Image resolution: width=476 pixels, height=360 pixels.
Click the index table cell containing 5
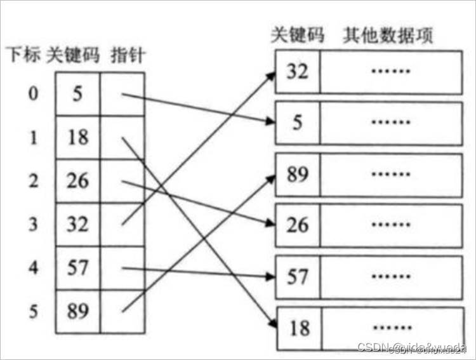tap(77, 93)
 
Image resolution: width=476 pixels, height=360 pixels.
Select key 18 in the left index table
tap(77, 137)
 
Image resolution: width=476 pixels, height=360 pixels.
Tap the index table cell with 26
tap(77, 180)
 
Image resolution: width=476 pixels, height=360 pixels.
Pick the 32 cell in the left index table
tap(77, 223)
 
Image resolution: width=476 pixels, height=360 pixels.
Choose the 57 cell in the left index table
tap(77, 267)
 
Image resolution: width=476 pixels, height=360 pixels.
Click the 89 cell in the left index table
tap(77, 310)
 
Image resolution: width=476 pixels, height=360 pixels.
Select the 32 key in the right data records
tap(297, 70)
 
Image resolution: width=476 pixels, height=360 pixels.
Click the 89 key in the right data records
tap(297, 173)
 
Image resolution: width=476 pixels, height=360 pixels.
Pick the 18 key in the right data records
tap(297, 328)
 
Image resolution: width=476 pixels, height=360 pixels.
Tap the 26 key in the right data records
tap(297, 224)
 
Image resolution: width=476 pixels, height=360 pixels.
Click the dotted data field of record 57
tap(390, 276)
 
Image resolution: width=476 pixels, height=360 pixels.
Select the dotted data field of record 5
tap(390, 121)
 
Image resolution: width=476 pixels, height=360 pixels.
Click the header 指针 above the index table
tap(127, 56)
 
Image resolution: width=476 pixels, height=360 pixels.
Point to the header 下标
tap(22, 56)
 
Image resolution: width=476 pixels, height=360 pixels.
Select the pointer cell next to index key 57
tap(122, 267)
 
